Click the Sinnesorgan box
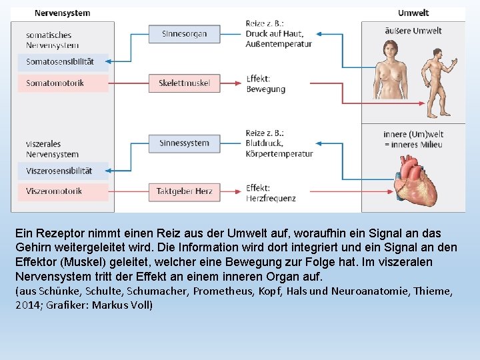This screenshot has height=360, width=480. (184, 34)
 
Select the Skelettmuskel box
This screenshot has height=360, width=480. (184, 83)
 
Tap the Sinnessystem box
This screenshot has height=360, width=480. (184, 143)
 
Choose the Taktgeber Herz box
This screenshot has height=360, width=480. (184, 191)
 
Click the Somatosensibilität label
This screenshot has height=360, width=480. (60, 62)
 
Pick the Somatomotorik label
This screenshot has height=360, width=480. (55, 83)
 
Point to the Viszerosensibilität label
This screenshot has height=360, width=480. (59, 171)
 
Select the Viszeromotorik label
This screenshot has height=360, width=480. (54, 191)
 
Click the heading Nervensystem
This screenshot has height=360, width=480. (62, 13)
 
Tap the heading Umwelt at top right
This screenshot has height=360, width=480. (413, 13)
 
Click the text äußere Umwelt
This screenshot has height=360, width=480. (413, 31)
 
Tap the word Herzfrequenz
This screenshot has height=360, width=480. (271, 198)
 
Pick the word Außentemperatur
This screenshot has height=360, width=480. (279, 44)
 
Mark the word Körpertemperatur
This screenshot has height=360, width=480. (279, 153)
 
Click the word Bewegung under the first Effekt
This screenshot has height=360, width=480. (265, 89)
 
